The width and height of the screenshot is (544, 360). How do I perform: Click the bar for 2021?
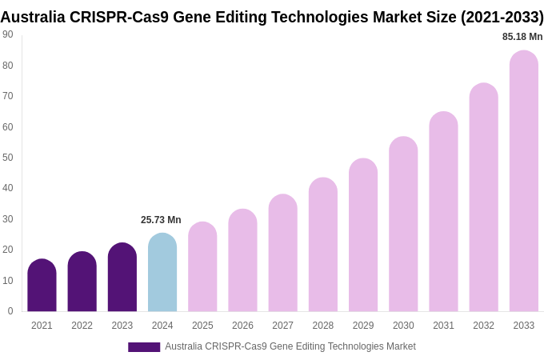(42, 286)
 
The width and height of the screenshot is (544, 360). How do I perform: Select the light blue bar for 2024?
(162, 273)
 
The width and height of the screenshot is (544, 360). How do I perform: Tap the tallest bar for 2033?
(524, 182)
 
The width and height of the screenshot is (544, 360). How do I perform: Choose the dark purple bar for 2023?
(122, 278)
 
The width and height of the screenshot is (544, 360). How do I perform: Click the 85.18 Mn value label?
(522, 37)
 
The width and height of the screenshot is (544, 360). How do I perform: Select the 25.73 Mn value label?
(161, 220)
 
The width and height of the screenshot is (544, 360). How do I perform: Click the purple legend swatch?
(144, 347)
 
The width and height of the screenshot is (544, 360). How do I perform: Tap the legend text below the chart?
(290, 346)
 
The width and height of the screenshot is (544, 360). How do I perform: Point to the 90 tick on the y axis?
(8, 34)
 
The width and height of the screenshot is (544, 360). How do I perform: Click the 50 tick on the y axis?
(8, 158)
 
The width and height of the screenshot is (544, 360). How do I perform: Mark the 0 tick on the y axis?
(10, 311)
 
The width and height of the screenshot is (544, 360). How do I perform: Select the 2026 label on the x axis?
(242, 326)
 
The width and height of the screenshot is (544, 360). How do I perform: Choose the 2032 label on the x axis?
(483, 326)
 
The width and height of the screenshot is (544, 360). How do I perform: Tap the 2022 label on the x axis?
(82, 326)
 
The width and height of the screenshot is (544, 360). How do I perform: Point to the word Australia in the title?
(33, 17)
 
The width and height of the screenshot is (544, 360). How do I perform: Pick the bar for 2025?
(202, 267)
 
